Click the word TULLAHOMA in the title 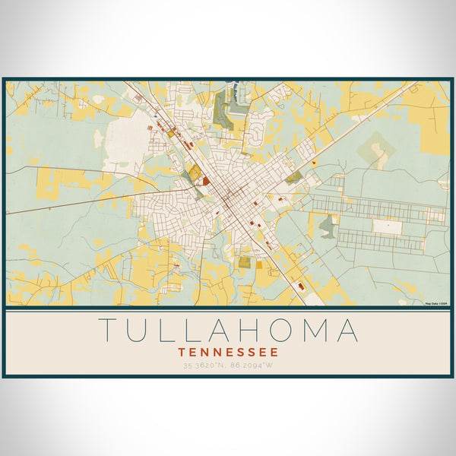pos(228,331)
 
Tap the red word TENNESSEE pos(228,353)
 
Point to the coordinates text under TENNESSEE pos(228,366)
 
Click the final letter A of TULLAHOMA pos(348,331)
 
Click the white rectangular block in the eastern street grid pos(387,226)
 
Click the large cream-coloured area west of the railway pos(129,141)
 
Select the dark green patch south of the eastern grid pos(327,225)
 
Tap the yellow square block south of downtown pos(245,262)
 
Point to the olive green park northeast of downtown pos(293,177)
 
